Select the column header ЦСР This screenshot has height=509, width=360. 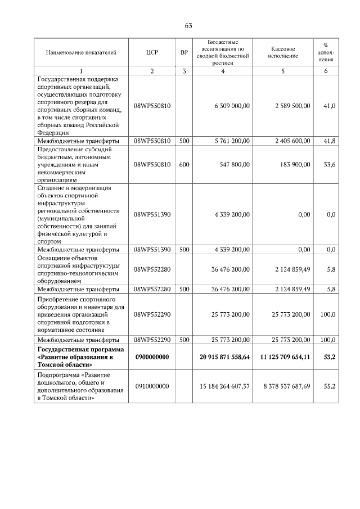[152, 52]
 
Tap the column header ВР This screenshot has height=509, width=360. [184, 52]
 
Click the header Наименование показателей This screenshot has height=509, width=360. [81, 52]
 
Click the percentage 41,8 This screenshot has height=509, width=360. [328, 141]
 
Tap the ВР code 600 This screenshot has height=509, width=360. [184, 165]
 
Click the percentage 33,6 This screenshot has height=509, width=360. [328, 165]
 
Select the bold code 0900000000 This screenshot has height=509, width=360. [152, 357]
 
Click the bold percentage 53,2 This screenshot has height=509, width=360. [328, 357]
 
